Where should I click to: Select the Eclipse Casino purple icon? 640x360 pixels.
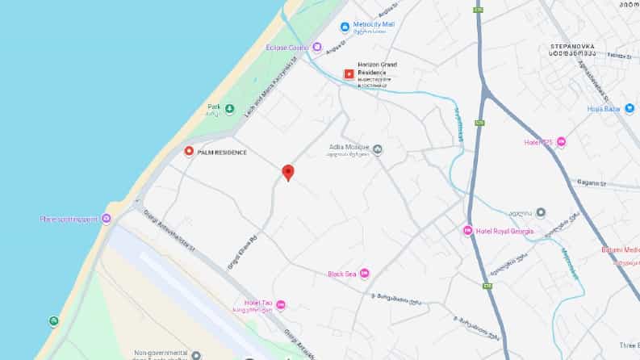[317, 47]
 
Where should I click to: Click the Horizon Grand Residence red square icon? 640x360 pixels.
[349, 73]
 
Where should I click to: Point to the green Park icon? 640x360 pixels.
[229, 109]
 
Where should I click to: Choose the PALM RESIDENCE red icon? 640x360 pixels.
[189, 152]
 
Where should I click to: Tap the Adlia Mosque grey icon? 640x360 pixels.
[377, 149]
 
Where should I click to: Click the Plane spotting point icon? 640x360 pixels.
[105, 219]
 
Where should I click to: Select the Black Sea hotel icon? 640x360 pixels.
[364, 274]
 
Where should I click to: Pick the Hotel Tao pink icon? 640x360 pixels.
[281, 304]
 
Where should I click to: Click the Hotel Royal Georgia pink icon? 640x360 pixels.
[467, 232]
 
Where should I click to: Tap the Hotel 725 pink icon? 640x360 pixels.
[561, 142]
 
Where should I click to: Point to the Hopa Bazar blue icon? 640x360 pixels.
[630, 108]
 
